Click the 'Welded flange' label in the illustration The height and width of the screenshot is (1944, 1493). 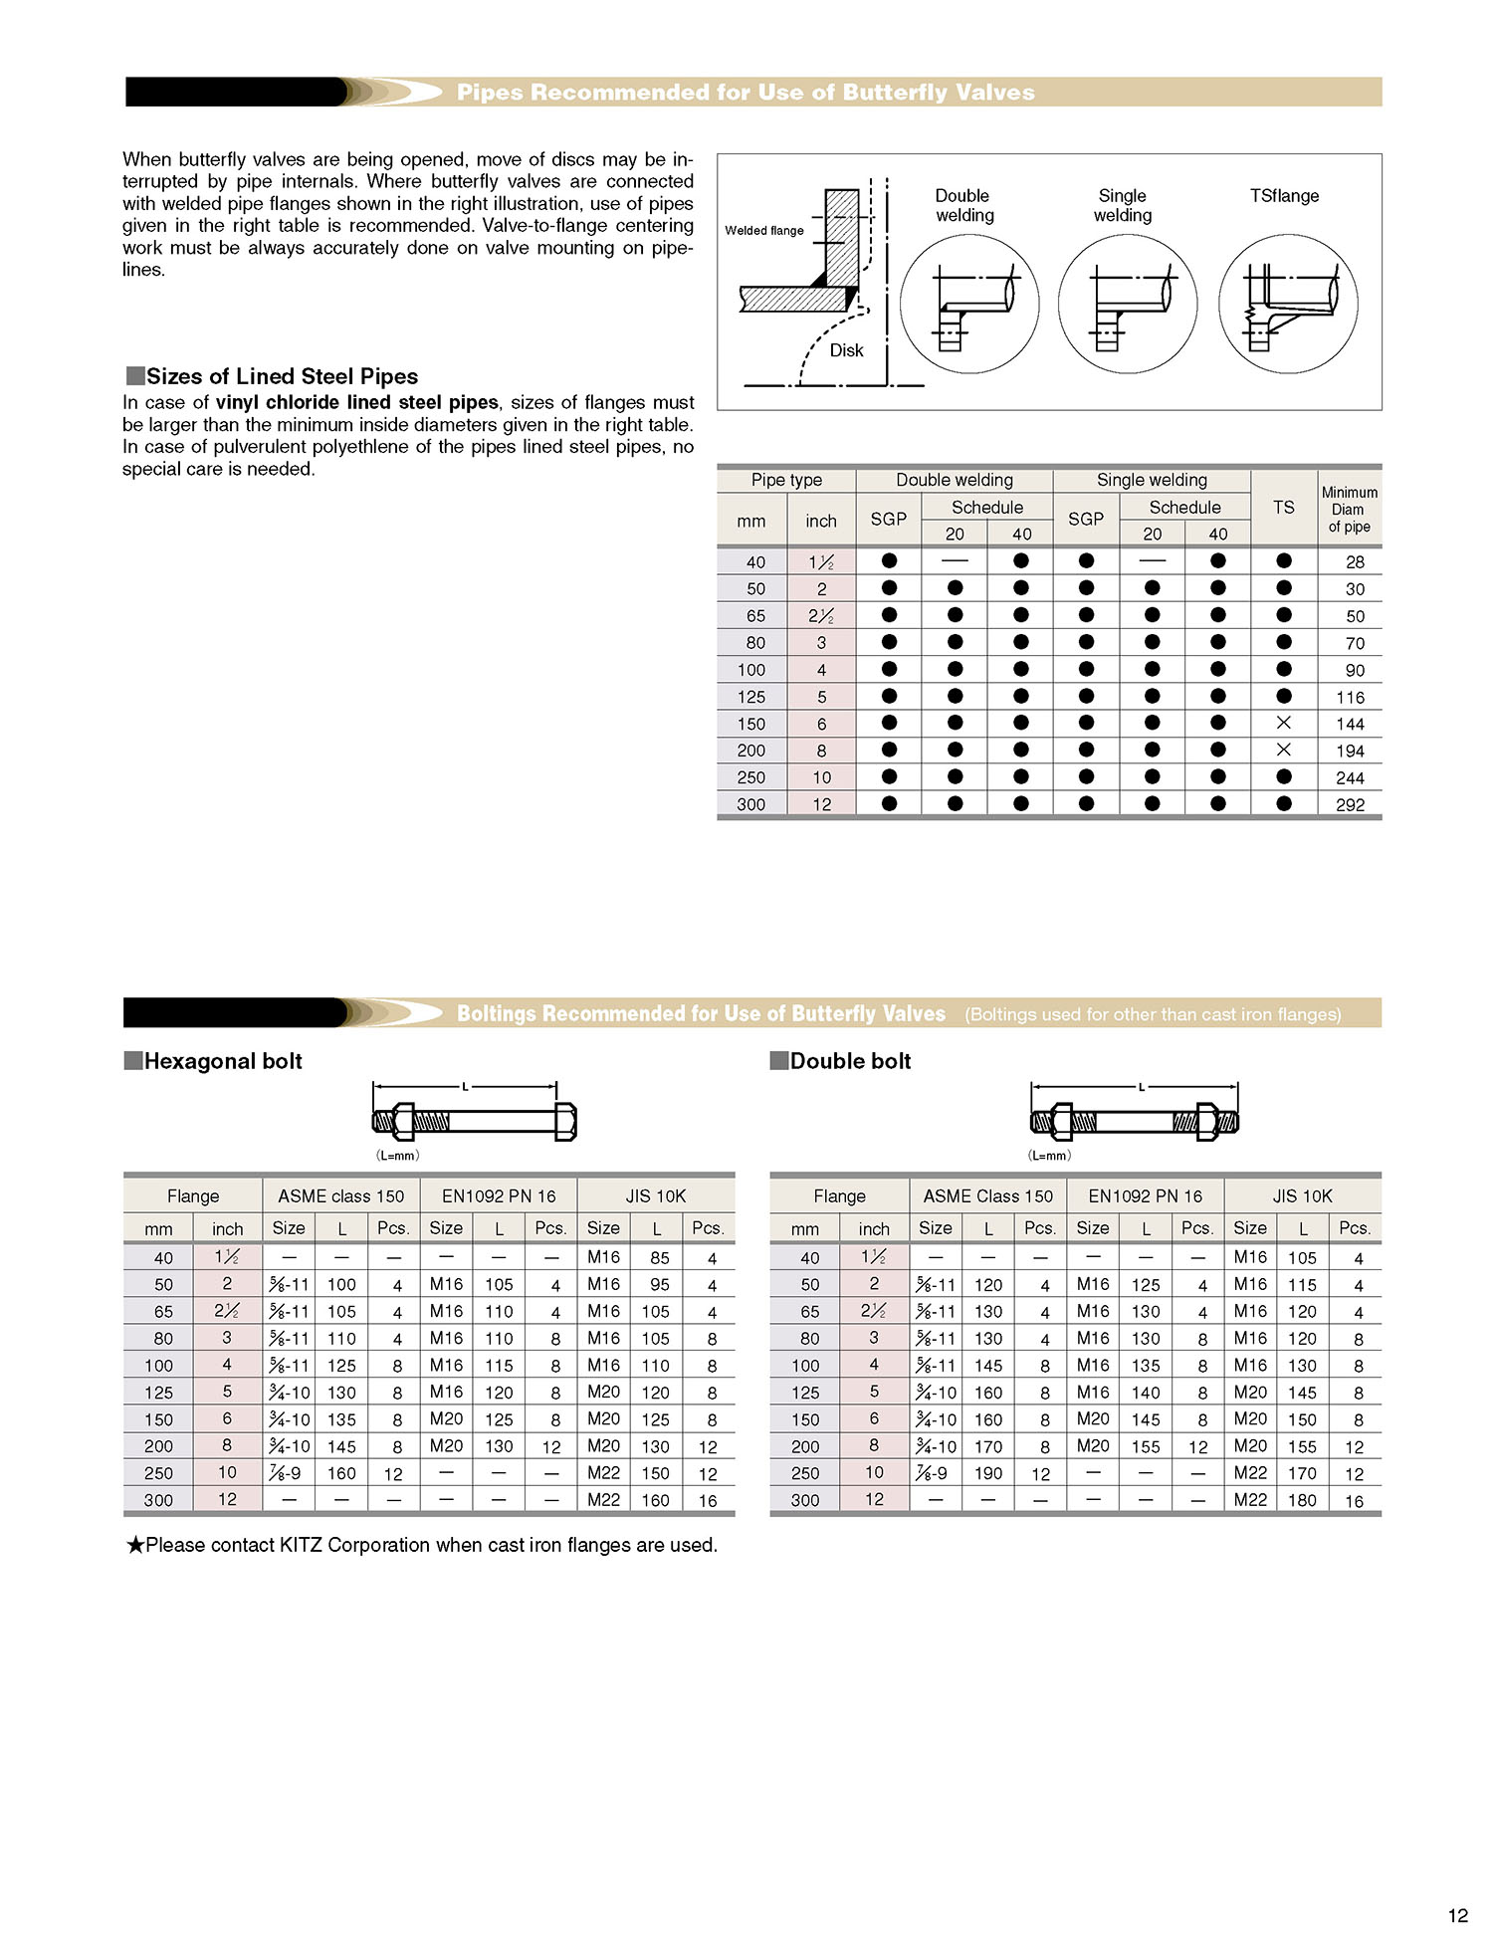coord(763,231)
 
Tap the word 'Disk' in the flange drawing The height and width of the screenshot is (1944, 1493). coord(846,350)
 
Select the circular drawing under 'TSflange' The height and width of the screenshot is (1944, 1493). coord(1288,305)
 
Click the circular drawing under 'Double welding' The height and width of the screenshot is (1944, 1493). coord(968,305)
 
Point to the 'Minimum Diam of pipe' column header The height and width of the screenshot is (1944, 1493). coord(1349,510)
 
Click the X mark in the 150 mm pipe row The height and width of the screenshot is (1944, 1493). coord(1283,723)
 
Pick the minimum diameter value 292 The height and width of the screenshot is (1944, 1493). coord(1350,804)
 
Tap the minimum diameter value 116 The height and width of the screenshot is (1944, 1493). coord(1350,697)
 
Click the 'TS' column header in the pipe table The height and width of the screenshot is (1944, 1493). coord(1283,508)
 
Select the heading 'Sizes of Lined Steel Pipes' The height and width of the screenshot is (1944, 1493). coord(282,376)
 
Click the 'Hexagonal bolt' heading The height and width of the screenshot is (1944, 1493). coord(223,1061)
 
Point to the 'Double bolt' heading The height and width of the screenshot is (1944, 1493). coord(850,1061)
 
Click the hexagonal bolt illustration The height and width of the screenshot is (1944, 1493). coord(474,1122)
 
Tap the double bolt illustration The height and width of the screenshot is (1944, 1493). coord(1134,1122)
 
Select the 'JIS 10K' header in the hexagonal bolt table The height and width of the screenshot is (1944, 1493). coord(656,1196)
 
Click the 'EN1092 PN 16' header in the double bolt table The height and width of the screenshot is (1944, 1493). coord(1145,1196)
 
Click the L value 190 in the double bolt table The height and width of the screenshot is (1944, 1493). coord(988,1473)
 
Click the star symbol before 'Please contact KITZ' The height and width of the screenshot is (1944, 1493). coord(135,1545)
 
